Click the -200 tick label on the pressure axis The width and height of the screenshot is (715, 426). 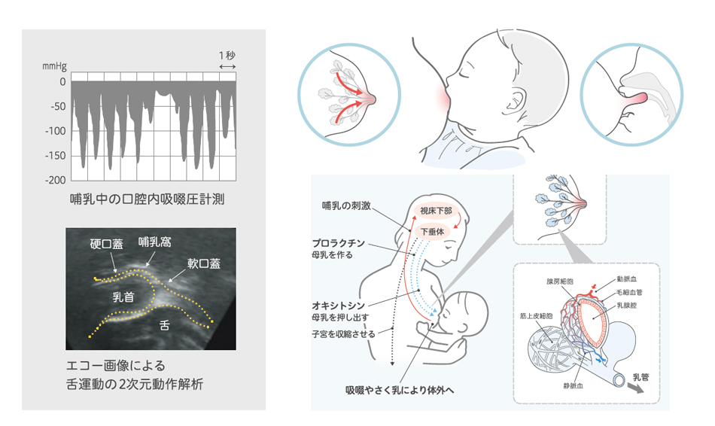(x=55, y=180)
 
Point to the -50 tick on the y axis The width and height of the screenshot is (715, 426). (x=58, y=107)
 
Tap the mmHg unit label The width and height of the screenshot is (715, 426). (x=54, y=66)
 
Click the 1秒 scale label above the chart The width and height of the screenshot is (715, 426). (x=227, y=56)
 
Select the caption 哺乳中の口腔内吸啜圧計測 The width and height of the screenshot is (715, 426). (x=147, y=199)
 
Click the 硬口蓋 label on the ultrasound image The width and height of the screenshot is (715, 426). (x=106, y=244)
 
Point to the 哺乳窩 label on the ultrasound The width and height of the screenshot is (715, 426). (x=155, y=242)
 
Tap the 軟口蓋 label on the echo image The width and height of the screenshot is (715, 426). (x=204, y=263)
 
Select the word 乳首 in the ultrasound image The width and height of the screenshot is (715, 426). (x=123, y=297)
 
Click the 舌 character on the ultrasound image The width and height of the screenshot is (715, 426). (x=165, y=325)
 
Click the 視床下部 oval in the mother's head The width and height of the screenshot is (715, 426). (x=436, y=211)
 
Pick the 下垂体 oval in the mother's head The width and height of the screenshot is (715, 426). (x=432, y=232)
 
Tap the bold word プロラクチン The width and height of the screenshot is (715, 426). (x=339, y=243)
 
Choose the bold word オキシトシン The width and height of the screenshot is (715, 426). (x=339, y=305)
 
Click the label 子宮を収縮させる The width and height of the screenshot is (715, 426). (x=343, y=334)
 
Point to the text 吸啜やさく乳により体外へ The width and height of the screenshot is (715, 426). (x=400, y=391)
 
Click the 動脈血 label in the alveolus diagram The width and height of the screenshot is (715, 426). (x=626, y=278)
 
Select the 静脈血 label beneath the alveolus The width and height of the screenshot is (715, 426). (x=574, y=386)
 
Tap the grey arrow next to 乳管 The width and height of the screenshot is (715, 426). (x=636, y=387)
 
